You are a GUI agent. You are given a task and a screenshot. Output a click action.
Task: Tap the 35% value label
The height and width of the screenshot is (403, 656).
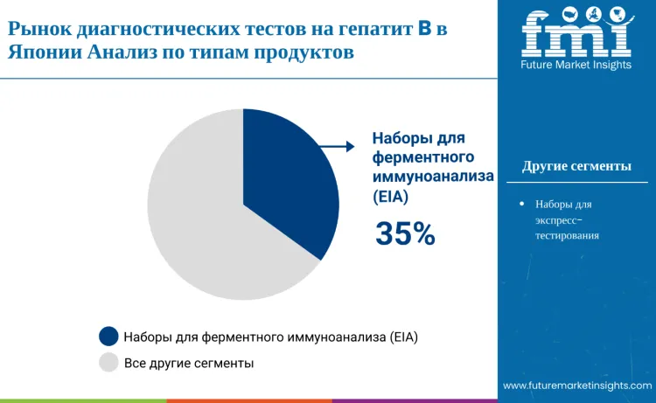point(405,233)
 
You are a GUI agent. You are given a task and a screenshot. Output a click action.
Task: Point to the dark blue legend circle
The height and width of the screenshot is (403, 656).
point(108,336)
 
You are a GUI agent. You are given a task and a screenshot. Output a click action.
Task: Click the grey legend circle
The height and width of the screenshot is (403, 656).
point(108,362)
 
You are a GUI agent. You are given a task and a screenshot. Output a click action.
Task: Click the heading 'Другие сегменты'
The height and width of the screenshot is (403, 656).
point(576,166)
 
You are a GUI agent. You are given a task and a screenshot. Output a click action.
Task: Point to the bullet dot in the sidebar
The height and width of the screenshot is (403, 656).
point(521,204)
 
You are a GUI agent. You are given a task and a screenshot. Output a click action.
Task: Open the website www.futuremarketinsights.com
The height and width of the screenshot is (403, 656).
point(577,386)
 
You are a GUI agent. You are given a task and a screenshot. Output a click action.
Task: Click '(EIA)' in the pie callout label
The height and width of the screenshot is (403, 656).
point(391,198)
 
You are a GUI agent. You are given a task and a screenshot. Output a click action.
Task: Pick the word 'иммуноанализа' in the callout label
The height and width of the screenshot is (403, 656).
point(433,177)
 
